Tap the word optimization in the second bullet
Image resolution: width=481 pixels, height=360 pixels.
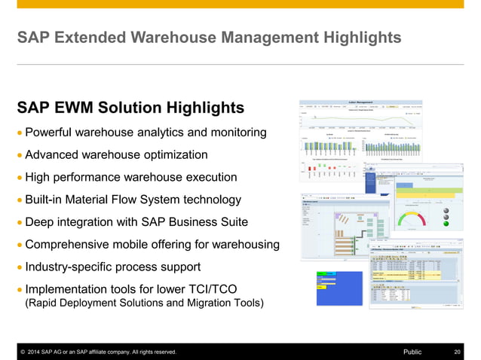[x=167, y=155]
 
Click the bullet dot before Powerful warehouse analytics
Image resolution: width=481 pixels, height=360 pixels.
[x=19, y=133]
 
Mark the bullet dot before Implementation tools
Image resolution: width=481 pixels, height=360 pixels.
[x=19, y=290]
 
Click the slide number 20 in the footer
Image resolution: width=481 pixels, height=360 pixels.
[x=457, y=352]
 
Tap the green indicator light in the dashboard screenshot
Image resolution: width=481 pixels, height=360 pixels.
[x=446, y=223]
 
